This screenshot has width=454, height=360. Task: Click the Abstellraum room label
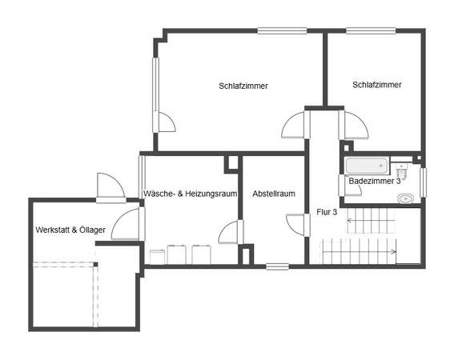pos(274,194)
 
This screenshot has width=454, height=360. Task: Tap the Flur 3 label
pos(327,212)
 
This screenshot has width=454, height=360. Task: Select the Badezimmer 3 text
pos(375,181)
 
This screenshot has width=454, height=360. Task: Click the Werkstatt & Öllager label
pos(70,230)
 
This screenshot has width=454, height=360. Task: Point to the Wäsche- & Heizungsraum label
pos(191,194)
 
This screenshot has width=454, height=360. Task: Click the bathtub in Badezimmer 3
pos(367,166)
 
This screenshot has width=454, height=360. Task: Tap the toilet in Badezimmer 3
pos(403,170)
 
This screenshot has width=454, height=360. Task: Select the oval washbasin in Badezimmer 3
pos(406,199)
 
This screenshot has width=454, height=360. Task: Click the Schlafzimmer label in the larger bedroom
pos(243,86)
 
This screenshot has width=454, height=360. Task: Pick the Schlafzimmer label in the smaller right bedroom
pos(377,85)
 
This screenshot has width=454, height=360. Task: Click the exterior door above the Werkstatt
pos(110,188)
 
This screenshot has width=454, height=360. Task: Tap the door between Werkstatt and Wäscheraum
pos(127,224)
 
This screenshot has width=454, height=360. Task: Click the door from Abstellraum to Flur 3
pos(298,225)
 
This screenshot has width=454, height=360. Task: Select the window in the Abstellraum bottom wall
pos(277,266)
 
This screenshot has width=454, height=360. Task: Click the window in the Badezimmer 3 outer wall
pos(423,182)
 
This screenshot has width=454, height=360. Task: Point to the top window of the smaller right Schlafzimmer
pos(371,30)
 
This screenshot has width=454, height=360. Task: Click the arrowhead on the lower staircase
pos(394,251)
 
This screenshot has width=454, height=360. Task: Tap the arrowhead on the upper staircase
pos(349,221)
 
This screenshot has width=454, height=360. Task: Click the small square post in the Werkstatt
pos(95,264)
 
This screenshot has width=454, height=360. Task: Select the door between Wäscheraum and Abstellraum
pos(231,232)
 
